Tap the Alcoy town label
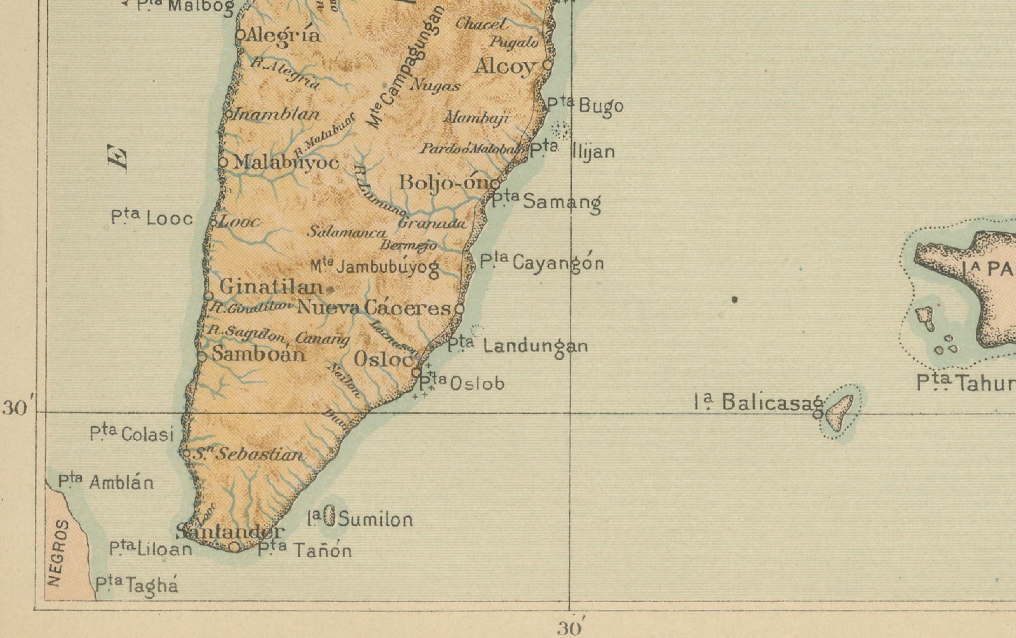coord(504,66)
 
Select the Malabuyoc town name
coord(286,162)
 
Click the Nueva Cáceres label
coord(373,308)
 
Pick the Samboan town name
coord(258,354)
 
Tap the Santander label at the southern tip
coord(230,531)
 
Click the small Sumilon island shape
coord(330,516)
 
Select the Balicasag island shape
coord(840,413)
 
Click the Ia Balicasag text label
coord(759,402)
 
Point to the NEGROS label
coord(57,552)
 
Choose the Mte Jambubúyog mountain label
coord(375,267)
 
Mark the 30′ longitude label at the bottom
coord(569,628)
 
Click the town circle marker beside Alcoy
coord(547,65)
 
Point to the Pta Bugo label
coord(585,105)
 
